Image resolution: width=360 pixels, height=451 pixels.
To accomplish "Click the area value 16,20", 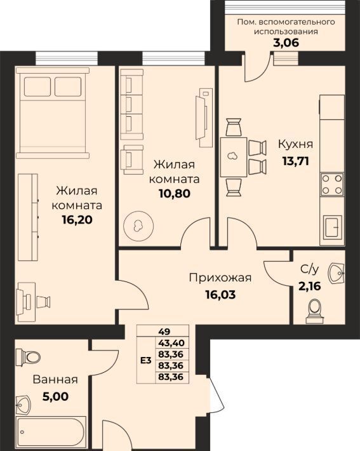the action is tap(77, 220).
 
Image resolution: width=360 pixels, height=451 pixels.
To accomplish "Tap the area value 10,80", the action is tap(175, 193).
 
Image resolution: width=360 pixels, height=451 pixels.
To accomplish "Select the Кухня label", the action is tap(295, 144).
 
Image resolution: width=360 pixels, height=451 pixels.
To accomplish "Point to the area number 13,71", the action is tap(296, 161).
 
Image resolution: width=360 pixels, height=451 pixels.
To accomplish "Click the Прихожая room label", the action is tap(220, 278).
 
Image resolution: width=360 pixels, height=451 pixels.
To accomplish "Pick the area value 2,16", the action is tap(309, 286).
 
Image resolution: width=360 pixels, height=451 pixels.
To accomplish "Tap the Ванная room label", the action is tap(55, 380).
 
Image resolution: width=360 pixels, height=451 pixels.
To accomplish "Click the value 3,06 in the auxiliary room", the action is tap(286, 43).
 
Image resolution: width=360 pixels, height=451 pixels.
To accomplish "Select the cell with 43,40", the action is tap(172, 343).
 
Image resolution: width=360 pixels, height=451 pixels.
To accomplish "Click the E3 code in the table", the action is tap(146, 360).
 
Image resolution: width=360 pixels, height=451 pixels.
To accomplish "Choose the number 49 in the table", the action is tap(164, 332).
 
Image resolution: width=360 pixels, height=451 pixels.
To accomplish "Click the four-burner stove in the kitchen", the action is tap(332, 184).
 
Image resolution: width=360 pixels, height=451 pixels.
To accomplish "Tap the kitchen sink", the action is tap(333, 227).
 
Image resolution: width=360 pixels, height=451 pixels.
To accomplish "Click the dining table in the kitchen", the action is tap(234, 157).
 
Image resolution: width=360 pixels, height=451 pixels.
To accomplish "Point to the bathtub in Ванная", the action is tap(50, 432).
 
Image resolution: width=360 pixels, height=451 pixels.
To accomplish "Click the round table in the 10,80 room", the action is tap(138, 226).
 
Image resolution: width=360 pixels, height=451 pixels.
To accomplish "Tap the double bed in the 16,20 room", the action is tap(53, 113).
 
